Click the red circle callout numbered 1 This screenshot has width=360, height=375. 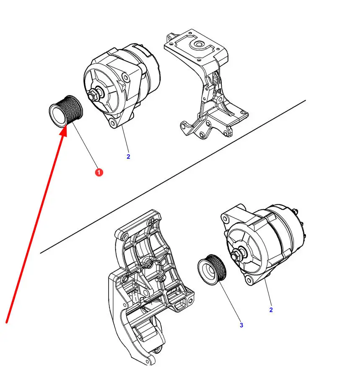click(99, 172)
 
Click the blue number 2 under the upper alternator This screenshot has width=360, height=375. click(128, 157)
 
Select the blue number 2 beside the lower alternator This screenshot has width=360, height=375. click(271, 310)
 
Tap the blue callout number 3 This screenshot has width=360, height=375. click(241, 325)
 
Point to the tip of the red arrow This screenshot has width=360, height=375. click(67, 127)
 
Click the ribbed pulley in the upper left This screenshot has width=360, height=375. click(66, 111)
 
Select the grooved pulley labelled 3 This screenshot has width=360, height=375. click(212, 269)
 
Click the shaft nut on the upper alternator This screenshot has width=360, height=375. click(93, 95)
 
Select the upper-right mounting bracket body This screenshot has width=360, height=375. click(206, 84)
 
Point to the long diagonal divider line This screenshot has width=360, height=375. click(173, 176)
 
